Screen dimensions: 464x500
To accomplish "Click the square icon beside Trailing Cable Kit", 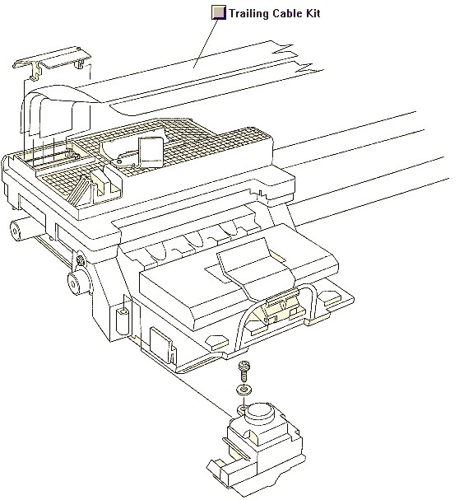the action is (x=219, y=12).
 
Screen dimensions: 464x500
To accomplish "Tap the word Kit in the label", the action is (x=312, y=13).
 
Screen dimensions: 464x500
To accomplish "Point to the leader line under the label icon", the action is (x=206, y=44).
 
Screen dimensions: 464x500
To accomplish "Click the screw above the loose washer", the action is (x=244, y=371).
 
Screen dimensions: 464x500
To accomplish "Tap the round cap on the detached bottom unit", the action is (x=259, y=410).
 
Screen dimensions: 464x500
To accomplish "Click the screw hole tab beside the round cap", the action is (x=243, y=408).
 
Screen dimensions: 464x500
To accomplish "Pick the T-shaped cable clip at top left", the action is (x=51, y=61).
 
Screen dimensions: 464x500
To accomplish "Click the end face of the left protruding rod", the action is (x=15, y=229).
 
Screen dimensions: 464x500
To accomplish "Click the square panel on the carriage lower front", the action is (x=161, y=343).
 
